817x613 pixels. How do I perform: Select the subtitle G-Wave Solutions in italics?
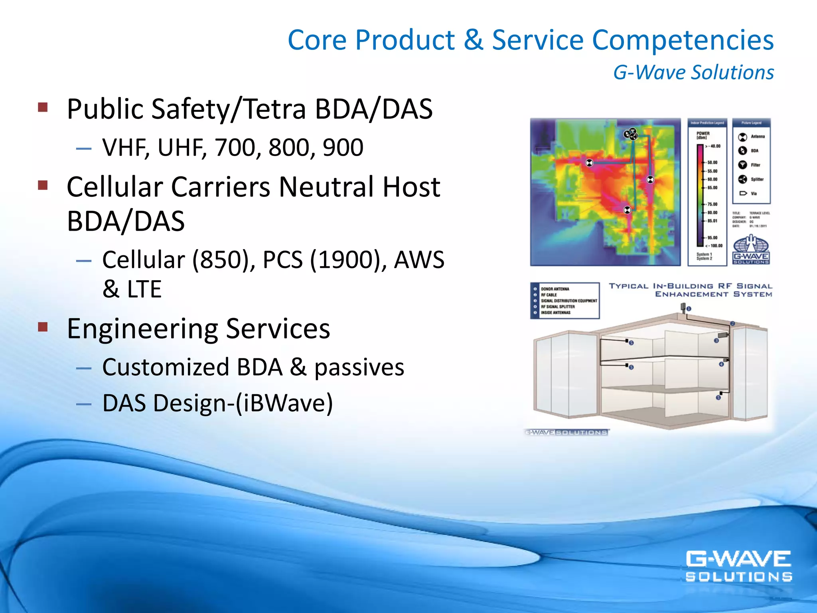(x=693, y=73)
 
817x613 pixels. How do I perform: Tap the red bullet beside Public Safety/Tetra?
(x=43, y=107)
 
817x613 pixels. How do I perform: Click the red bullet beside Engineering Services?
(x=43, y=327)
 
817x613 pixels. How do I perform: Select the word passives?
(x=359, y=368)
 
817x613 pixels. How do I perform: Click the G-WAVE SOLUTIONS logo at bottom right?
(x=738, y=566)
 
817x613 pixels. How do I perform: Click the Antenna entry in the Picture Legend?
(x=757, y=137)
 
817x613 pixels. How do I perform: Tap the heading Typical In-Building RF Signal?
(x=690, y=286)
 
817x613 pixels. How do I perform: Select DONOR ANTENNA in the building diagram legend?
(x=555, y=289)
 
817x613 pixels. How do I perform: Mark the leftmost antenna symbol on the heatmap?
(x=589, y=163)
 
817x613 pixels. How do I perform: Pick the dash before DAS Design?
(x=84, y=404)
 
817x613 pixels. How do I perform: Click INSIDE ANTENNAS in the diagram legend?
(x=556, y=313)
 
